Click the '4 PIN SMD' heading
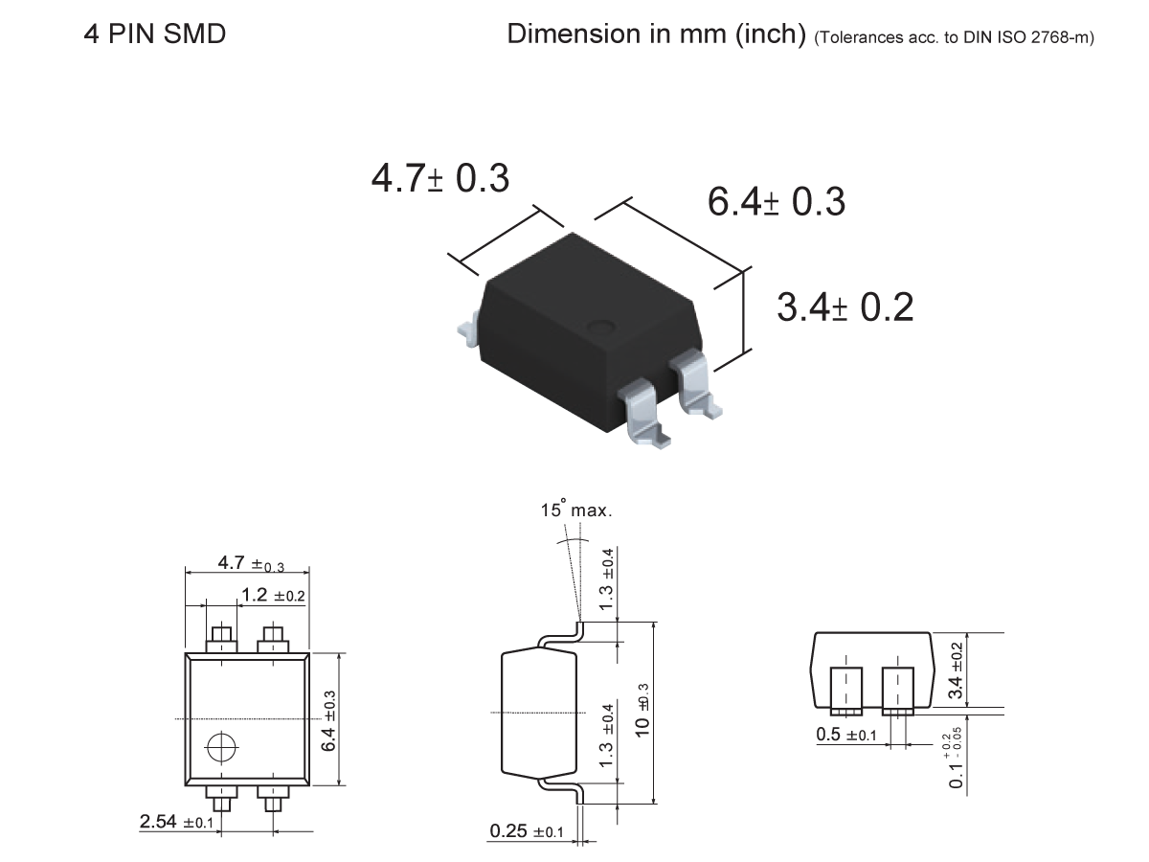click(x=155, y=35)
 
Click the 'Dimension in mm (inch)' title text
click(x=656, y=34)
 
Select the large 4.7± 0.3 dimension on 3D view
click(x=439, y=178)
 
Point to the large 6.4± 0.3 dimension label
click(x=776, y=202)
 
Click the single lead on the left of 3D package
click(x=466, y=329)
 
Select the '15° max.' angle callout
click(x=574, y=510)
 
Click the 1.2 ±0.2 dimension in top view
click(x=272, y=596)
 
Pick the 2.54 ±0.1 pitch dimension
click(x=176, y=822)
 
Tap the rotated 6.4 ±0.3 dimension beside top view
click(x=328, y=720)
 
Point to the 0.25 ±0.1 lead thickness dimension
click(x=526, y=831)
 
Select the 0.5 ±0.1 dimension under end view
click(x=845, y=735)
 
